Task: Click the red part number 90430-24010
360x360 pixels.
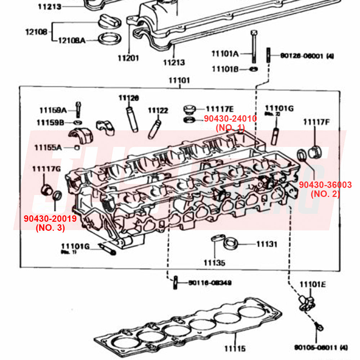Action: (x=230, y=118)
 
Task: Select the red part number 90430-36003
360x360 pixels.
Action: (x=325, y=185)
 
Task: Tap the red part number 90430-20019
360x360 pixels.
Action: (x=50, y=219)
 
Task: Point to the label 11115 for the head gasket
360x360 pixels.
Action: (x=235, y=348)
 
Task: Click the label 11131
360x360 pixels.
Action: (x=267, y=244)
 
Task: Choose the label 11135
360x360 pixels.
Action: (x=214, y=263)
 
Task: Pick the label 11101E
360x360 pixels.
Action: (x=312, y=285)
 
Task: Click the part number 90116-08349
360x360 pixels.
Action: (x=210, y=283)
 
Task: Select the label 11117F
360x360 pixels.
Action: (x=316, y=122)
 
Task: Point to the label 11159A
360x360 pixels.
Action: (x=53, y=110)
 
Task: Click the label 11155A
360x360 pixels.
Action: (x=48, y=147)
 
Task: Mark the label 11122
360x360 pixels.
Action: (x=158, y=111)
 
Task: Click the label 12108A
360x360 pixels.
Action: (x=72, y=40)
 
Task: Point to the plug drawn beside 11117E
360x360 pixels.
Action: (x=189, y=108)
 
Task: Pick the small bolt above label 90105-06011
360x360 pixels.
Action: (x=319, y=327)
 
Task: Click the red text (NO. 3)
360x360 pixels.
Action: (x=50, y=228)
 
